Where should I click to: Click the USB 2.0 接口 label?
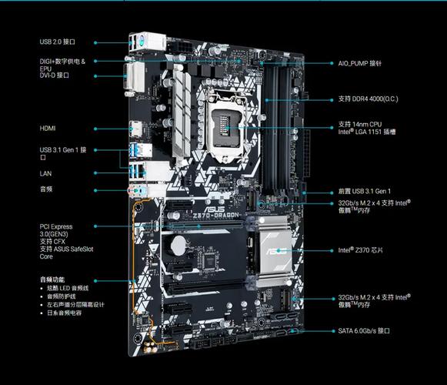[58, 42]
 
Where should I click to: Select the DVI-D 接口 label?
[55, 75]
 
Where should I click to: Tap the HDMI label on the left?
[48, 128]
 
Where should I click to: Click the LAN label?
[46, 173]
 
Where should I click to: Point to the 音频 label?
[46, 189]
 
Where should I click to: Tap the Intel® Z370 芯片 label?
[365, 250]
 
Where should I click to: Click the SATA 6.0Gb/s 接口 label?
[365, 330]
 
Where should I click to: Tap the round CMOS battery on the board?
[178, 246]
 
